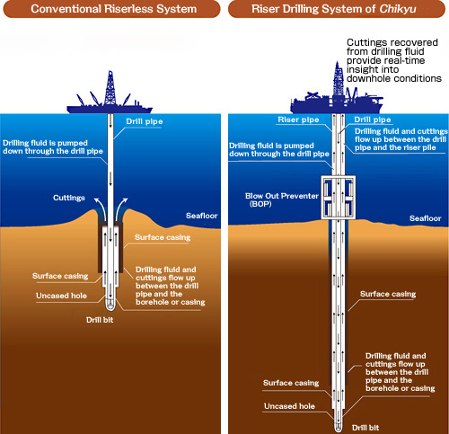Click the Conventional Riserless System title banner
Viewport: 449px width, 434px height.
111,9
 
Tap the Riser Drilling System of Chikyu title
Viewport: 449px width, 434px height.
337,9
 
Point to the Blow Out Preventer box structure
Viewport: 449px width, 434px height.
339,198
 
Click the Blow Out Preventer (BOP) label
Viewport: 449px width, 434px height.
282,199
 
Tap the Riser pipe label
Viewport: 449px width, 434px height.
298,120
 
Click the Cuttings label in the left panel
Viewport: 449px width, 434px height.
69,198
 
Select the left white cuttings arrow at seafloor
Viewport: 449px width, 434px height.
101,208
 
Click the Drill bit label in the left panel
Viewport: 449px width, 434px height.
100,320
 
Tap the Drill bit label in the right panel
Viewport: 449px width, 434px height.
365,428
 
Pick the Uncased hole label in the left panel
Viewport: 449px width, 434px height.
61,296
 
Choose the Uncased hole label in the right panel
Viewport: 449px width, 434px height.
289,406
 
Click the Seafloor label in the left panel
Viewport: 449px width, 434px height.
202,216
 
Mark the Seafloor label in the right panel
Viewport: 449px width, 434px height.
426,218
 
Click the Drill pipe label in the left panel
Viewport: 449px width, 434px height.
145,121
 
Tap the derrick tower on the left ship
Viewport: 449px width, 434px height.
110,87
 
